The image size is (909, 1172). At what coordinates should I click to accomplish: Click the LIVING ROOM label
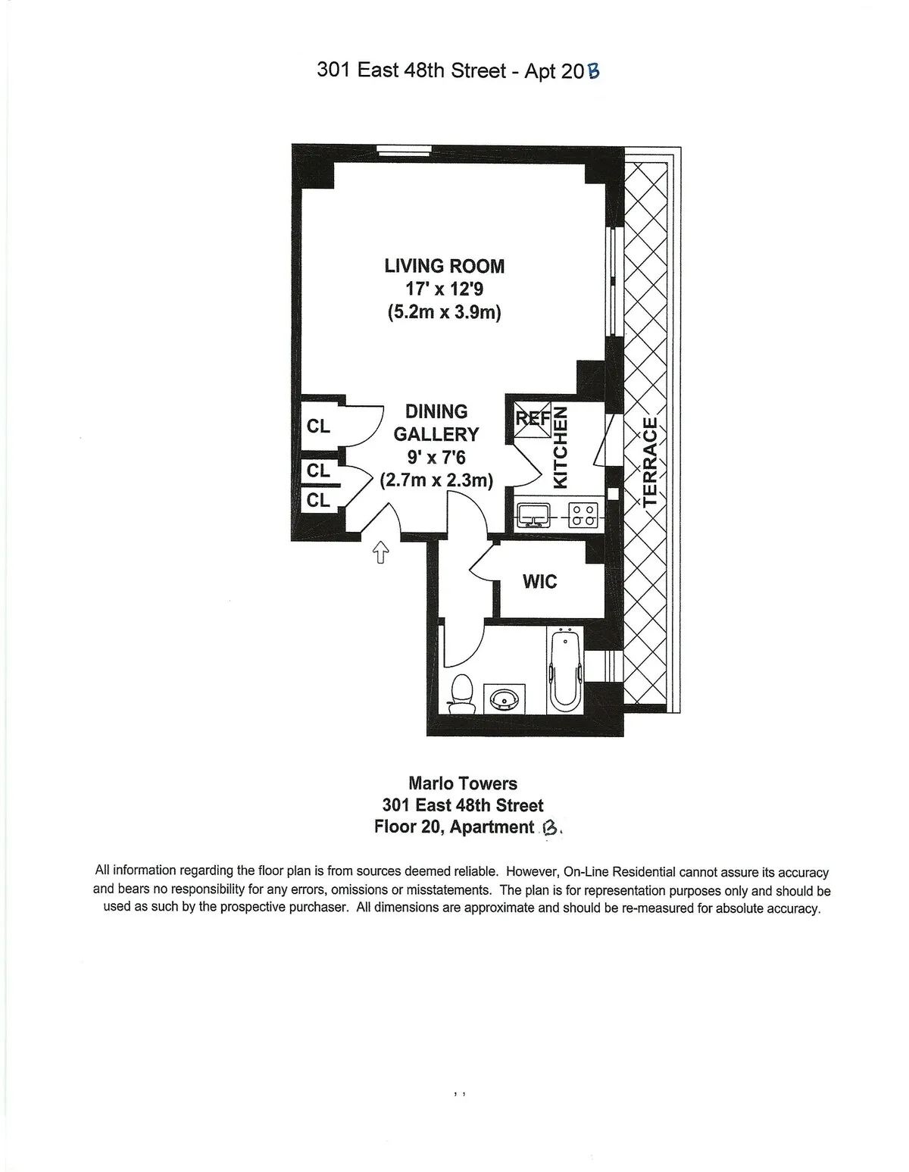pos(444,266)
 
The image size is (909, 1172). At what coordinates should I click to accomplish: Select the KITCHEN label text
pos(561,447)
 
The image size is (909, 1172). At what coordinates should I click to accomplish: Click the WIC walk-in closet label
pos(539,582)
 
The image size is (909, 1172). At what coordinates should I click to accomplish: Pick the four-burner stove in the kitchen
pos(582,516)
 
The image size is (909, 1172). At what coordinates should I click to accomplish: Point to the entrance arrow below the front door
pos(380,554)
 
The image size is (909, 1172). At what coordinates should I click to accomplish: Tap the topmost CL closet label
pos(318,427)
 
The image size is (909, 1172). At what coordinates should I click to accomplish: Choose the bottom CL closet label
pos(318,500)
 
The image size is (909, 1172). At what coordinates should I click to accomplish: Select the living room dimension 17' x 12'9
pos(444,289)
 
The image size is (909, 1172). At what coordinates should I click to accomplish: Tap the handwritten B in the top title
pos(593,72)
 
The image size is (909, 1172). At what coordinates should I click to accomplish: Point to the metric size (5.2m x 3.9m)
pos(444,311)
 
